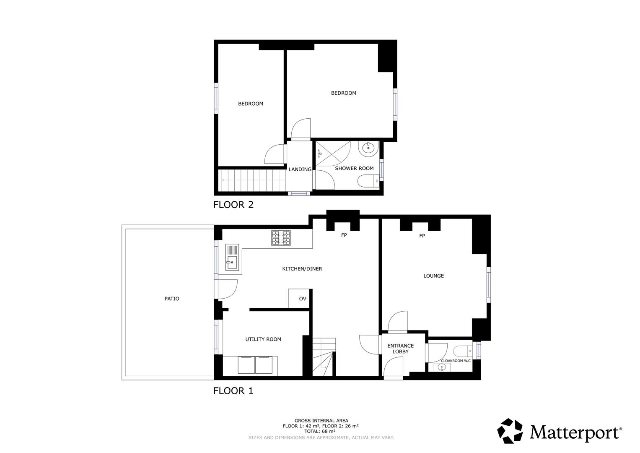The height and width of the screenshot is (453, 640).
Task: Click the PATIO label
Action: tap(172, 299)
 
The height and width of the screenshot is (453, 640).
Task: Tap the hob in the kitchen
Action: tap(281, 238)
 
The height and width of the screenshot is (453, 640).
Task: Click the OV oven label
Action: tap(303, 299)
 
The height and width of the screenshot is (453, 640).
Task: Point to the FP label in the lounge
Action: tap(422, 236)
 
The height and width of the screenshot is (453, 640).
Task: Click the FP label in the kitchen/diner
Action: tap(344, 235)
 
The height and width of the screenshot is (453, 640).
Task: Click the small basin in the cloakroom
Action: tap(441, 367)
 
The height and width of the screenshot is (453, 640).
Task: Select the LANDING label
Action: tap(300, 169)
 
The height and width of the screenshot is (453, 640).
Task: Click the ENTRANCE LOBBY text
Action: tap(400, 349)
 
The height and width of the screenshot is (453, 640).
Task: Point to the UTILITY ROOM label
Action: tap(263, 339)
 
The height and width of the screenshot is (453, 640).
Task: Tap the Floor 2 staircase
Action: tap(251, 180)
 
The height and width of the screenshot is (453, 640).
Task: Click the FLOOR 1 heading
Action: tap(233, 391)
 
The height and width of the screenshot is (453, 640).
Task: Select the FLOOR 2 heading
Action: tap(233, 205)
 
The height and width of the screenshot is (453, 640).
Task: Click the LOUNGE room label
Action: tap(433, 276)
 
